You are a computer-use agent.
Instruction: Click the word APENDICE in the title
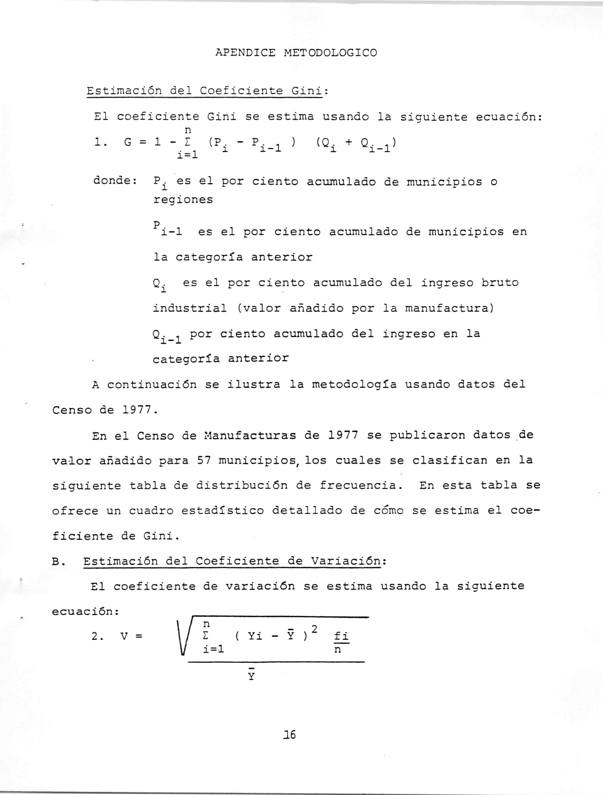point(245,53)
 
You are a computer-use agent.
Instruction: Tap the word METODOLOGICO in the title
point(330,53)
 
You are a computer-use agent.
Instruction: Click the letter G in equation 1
point(128,142)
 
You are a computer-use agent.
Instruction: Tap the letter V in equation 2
point(124,636)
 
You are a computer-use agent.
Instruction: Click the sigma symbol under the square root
point(205,636)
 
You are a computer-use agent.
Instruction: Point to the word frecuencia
point(360,486)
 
